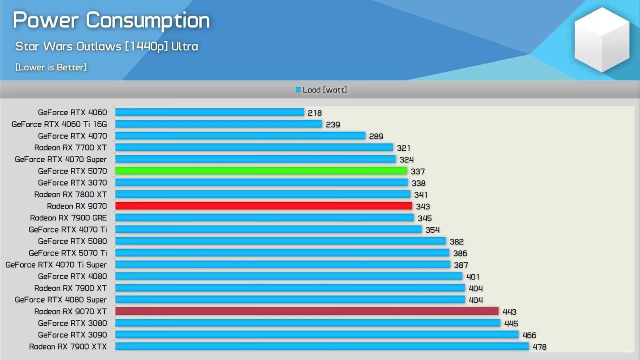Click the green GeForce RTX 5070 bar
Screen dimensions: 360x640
point(261,171)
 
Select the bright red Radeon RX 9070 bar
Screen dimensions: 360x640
point(264,206)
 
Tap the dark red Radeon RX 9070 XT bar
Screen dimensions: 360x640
point(307,311)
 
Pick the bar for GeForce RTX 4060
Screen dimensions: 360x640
point(210,112)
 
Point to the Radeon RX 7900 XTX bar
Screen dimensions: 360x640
point(322,346)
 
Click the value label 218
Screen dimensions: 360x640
point(315,113)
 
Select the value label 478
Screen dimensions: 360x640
point(540,347)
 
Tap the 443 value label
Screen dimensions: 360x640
point(510,312)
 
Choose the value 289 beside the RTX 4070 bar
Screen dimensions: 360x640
point(376,136)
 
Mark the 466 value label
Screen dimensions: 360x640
point(529,335)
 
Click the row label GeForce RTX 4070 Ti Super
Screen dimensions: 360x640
point(56,265)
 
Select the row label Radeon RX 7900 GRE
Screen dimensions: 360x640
point(68,218)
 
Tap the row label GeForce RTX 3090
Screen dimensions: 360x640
point(72,335)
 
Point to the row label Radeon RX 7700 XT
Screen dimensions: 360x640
point(70,148)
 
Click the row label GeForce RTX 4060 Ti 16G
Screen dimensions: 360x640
point(59,124)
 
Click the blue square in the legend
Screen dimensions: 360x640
point(298,90)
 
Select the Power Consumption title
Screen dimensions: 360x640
point(111,20)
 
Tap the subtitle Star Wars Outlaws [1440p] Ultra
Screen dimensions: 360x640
point(106,46)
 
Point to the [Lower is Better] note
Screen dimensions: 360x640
point(51,67)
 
